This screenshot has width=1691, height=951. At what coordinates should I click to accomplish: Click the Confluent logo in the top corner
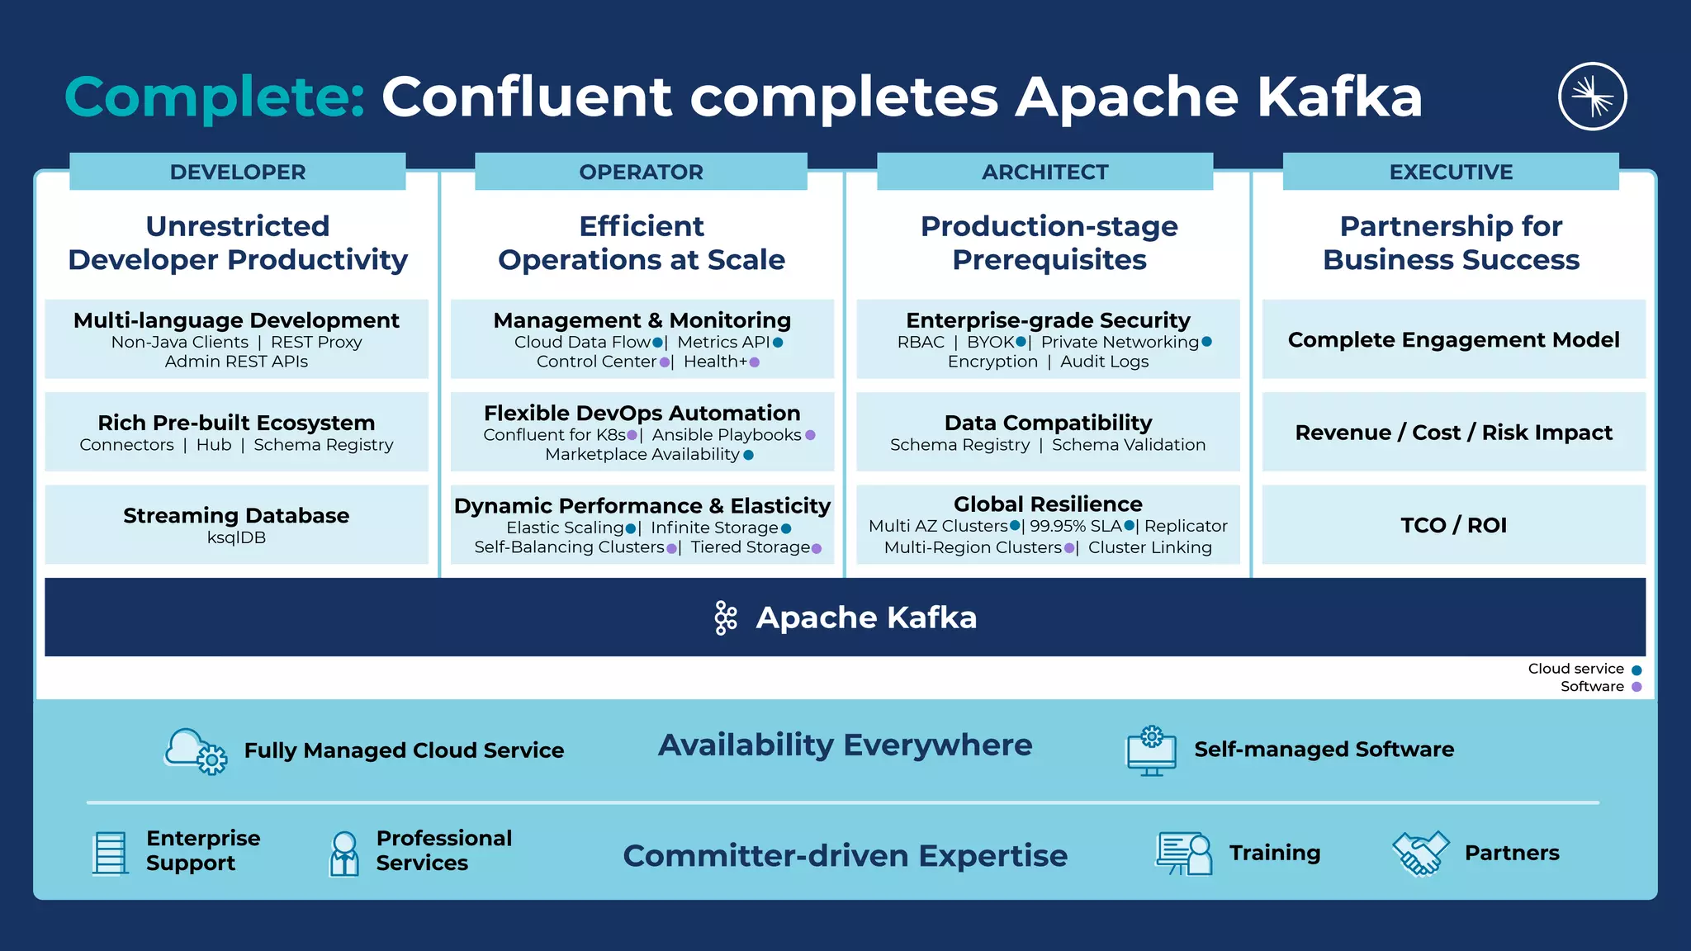click(x=1592, y=97)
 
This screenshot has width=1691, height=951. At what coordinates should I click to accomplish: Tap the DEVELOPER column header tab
click(x=238, y=172)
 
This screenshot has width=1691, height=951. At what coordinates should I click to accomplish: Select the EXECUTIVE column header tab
click(x=1451, y=172)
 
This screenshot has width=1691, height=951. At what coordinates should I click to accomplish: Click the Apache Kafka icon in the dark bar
click(x=726, y=617)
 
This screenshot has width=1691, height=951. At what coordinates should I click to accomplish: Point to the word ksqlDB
click(x=236, y=537)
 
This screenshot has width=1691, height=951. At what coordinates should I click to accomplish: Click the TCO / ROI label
click(x=1453, y=525)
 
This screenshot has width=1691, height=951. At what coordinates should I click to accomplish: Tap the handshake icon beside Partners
click(x=1420, y=853)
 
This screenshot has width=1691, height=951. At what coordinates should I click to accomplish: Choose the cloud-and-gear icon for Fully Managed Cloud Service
click(x=197, y=750)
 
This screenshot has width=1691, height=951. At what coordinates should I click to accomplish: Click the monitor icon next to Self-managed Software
click(x=1151, y=750)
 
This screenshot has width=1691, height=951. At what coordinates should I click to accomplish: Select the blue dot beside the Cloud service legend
click(x=1637, y=669)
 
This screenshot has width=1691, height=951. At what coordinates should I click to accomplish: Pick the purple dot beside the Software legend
click(x=1637, y=687)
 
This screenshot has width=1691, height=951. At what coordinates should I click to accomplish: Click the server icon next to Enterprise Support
click(x=110, y=852)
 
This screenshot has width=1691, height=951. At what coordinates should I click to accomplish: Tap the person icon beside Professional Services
click(x=344, y=853)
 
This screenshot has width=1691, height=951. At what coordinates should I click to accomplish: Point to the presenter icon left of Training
click(x=1184, y=853)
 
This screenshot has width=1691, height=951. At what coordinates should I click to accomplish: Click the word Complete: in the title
click(x=215, y=97)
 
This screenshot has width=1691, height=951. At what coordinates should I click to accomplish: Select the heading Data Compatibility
click(x=1048, y=423)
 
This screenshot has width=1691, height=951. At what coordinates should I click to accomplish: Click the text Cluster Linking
click(x=1149, y=547)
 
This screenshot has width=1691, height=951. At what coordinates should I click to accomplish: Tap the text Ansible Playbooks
click(x=727, y=435)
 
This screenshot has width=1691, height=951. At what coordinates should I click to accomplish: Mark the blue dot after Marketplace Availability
click(x=749, y=455)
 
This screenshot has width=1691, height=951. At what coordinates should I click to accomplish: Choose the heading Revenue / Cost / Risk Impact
click(x=1453, y=433)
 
